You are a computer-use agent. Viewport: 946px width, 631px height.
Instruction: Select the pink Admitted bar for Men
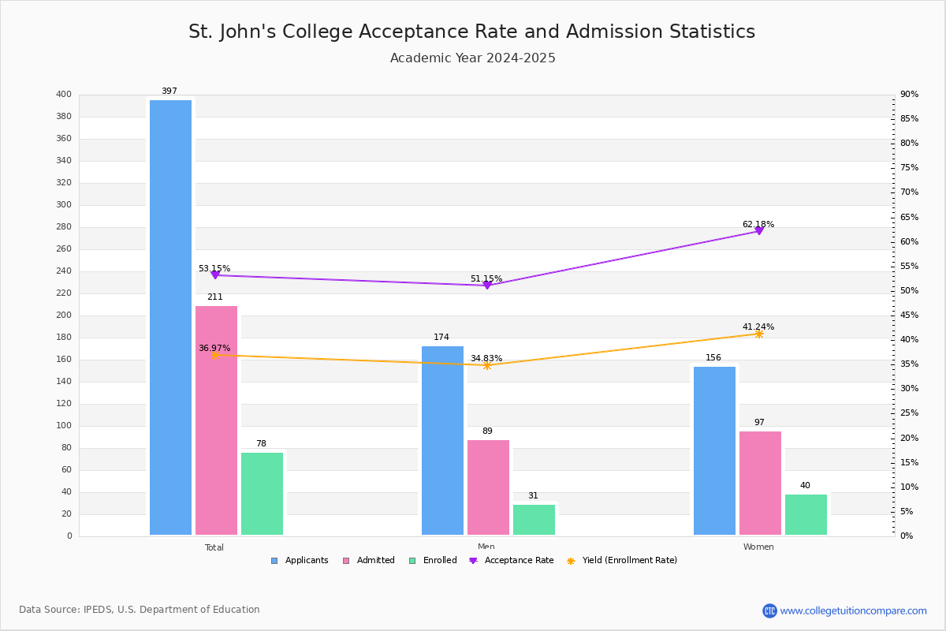[x=488, y=487]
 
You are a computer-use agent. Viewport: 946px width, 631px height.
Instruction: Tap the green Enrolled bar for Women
[x=806, y=514]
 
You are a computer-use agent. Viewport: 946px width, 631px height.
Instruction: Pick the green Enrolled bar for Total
[x=262, y=493]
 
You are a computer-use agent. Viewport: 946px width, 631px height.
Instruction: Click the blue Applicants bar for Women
[x=714, y=450]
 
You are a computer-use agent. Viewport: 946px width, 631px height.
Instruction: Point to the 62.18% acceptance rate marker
[x=759, y=231]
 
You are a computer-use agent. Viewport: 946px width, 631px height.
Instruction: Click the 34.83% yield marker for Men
[x=486, y=365]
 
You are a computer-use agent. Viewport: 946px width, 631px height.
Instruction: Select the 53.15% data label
[x=214, y=269]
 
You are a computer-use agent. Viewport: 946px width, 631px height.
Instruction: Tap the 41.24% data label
[x=758, y=327]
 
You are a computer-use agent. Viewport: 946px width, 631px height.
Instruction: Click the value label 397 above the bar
[x=169, y=91]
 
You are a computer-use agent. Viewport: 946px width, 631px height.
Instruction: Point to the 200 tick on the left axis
[x=64, y=315]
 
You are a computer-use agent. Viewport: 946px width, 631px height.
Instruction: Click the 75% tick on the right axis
[x=909, y=168]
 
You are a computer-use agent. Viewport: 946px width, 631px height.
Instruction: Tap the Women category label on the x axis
[x=758, y=547]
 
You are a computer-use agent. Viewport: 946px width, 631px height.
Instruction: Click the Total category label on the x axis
[x=214, y=547]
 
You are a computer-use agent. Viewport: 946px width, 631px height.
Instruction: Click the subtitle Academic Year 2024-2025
[x=472, y=58]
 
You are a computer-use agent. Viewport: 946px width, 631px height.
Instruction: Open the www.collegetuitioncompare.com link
[x=853, y=610]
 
